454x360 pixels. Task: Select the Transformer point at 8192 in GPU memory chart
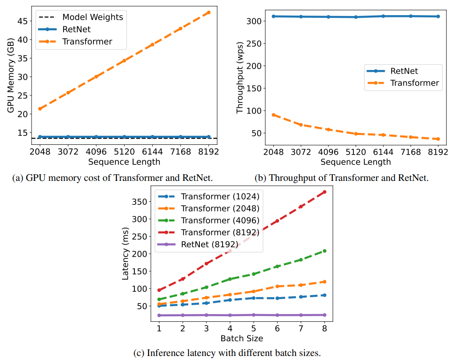click(209, 12)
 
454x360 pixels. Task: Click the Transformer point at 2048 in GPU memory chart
click(40, 109)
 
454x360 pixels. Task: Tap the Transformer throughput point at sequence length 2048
click(273, 115)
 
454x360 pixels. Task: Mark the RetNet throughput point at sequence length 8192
click(438, 16)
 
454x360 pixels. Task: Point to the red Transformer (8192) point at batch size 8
click(324, 192)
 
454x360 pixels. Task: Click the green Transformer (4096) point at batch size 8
click(324, 251)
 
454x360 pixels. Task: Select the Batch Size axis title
click(242, 338)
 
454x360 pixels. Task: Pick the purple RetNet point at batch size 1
click(159, 315)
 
